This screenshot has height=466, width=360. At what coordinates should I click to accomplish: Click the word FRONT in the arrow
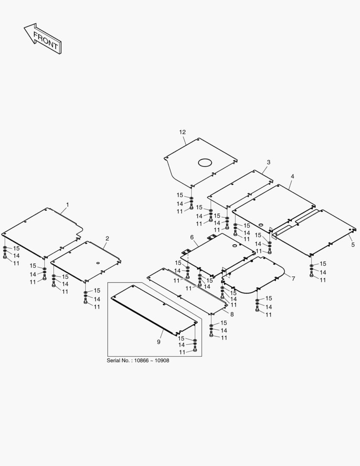45,40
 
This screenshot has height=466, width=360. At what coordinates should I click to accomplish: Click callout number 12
182,132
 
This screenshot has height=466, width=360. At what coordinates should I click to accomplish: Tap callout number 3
269,162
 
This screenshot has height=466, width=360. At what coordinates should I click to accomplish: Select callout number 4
292,176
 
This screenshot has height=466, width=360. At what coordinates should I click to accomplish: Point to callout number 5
353,245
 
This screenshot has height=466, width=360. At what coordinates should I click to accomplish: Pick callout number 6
192,237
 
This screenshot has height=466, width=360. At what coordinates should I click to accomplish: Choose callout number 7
293,278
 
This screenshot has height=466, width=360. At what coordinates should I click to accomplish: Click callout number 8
232,314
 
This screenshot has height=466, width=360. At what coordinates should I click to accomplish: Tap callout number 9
159,342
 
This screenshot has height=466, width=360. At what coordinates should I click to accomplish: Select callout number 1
67,205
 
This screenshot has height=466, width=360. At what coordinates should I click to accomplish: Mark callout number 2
107,238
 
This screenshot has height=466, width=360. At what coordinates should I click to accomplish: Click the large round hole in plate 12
205,162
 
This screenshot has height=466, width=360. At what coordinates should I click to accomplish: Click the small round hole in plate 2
98,263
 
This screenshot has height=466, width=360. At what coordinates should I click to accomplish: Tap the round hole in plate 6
235,246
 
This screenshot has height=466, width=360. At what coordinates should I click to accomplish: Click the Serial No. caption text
138,360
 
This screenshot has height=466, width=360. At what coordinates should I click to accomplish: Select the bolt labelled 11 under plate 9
195,348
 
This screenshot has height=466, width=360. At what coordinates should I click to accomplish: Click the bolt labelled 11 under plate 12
191,206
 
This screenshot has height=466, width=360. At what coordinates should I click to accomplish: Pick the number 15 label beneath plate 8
224,323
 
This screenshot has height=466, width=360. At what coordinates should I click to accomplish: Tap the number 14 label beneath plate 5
323,272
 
